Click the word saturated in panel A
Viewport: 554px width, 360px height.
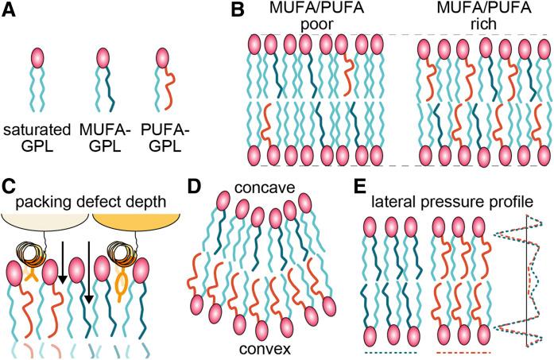pyautogui.click(x=39, y=129)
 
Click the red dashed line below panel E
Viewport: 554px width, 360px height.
pyautogui.click(x=465, y=349)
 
